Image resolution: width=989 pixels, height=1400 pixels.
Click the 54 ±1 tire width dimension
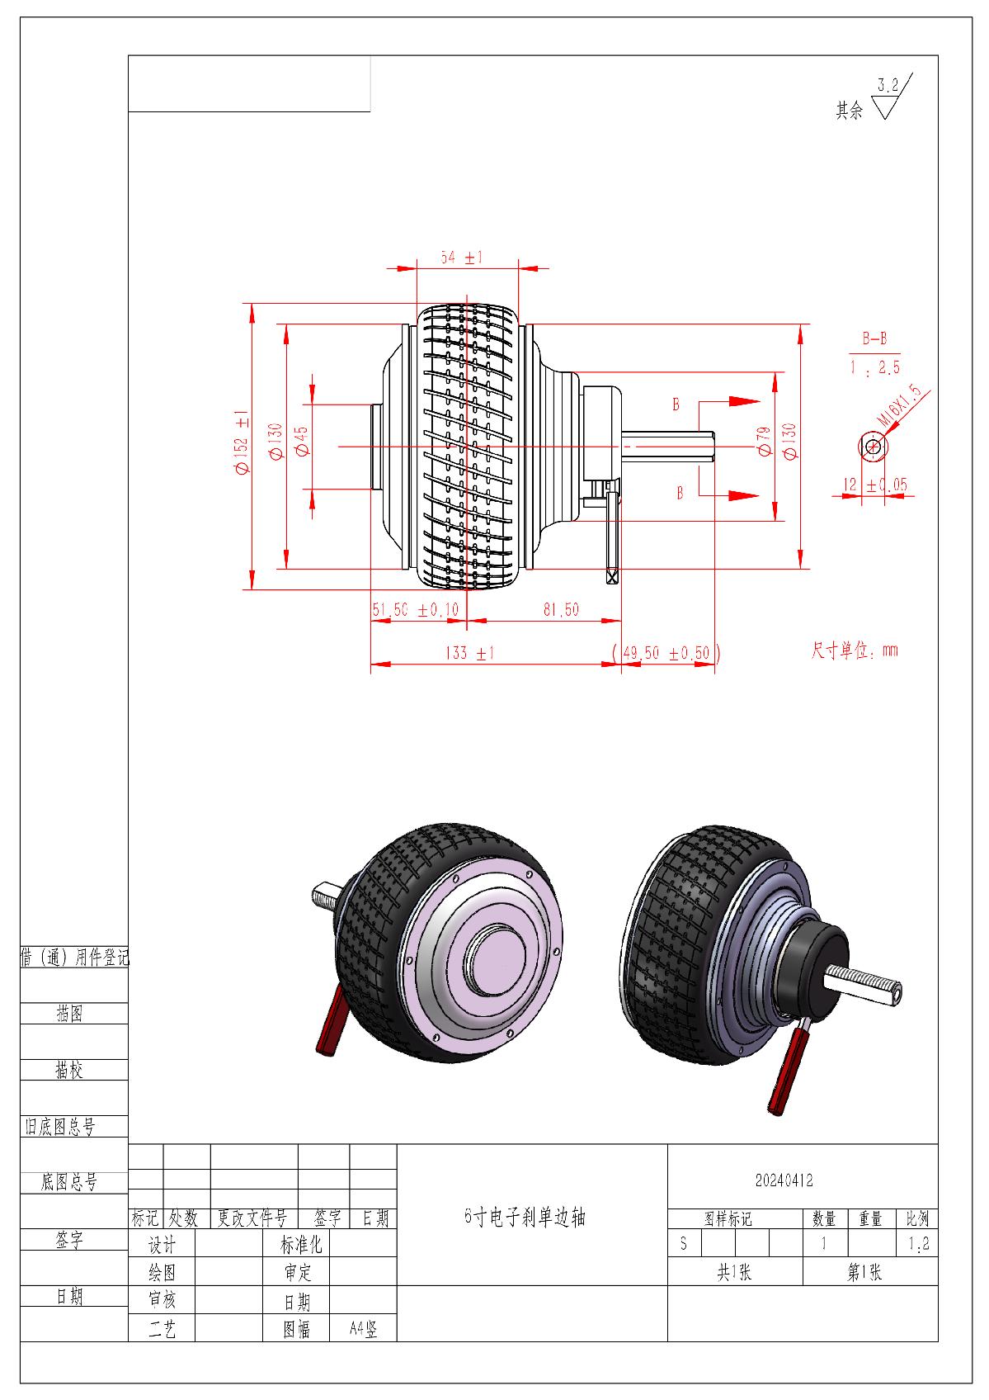tap(461, 258)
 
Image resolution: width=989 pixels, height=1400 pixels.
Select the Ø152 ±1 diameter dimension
tap(242, 442)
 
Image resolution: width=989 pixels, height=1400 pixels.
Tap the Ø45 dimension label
tap(301, 442)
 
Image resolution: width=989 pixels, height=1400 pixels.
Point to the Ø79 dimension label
tap(764, 442)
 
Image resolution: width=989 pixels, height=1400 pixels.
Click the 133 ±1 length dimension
tap(469, 653)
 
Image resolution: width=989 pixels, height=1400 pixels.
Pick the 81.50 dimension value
tap(561, 610)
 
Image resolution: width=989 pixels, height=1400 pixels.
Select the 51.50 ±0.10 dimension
tap(415, 610)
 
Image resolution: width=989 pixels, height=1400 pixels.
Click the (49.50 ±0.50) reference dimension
tap(666, 653)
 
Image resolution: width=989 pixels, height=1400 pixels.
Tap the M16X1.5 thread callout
tap(901, 408)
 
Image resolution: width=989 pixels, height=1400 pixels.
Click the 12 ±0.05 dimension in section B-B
tap(874, 485)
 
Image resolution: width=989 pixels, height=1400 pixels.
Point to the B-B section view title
tap(874, 338)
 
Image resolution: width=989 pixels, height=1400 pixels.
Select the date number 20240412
tap(784, 1180)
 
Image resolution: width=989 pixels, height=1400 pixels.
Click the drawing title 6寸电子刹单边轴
tap(525, 1217)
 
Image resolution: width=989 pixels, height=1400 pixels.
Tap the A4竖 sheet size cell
tap(363, 1329)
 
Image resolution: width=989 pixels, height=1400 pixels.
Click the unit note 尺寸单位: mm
tap(855, 650)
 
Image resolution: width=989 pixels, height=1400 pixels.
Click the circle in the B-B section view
tap(873, 447)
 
